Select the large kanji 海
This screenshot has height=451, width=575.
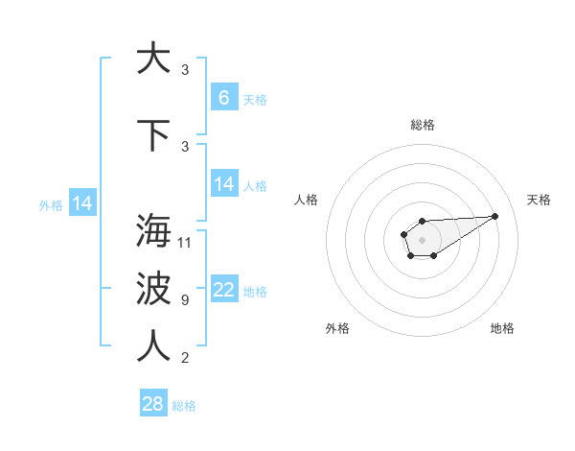[152, 231]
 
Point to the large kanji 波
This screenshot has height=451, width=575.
[152, 289]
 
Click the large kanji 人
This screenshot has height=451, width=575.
[152, 346]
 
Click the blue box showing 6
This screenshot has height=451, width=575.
[224, 97]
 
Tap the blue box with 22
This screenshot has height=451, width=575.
[224, 290]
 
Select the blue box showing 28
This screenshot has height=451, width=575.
[153, 404]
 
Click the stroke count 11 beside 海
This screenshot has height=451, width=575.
[186, 242]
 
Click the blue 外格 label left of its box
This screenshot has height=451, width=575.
[51, 204]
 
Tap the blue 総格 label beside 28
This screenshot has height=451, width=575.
[185, 406]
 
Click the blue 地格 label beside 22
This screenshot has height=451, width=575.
[255, 292]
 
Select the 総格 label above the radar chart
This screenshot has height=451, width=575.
[422, 125]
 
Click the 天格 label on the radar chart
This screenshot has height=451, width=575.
[540, 200]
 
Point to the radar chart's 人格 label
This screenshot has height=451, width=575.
[307, 200]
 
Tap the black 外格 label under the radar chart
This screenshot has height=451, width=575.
[337, 328]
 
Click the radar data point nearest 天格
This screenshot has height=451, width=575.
[495, 215]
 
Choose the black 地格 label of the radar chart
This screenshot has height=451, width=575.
[502, 328]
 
